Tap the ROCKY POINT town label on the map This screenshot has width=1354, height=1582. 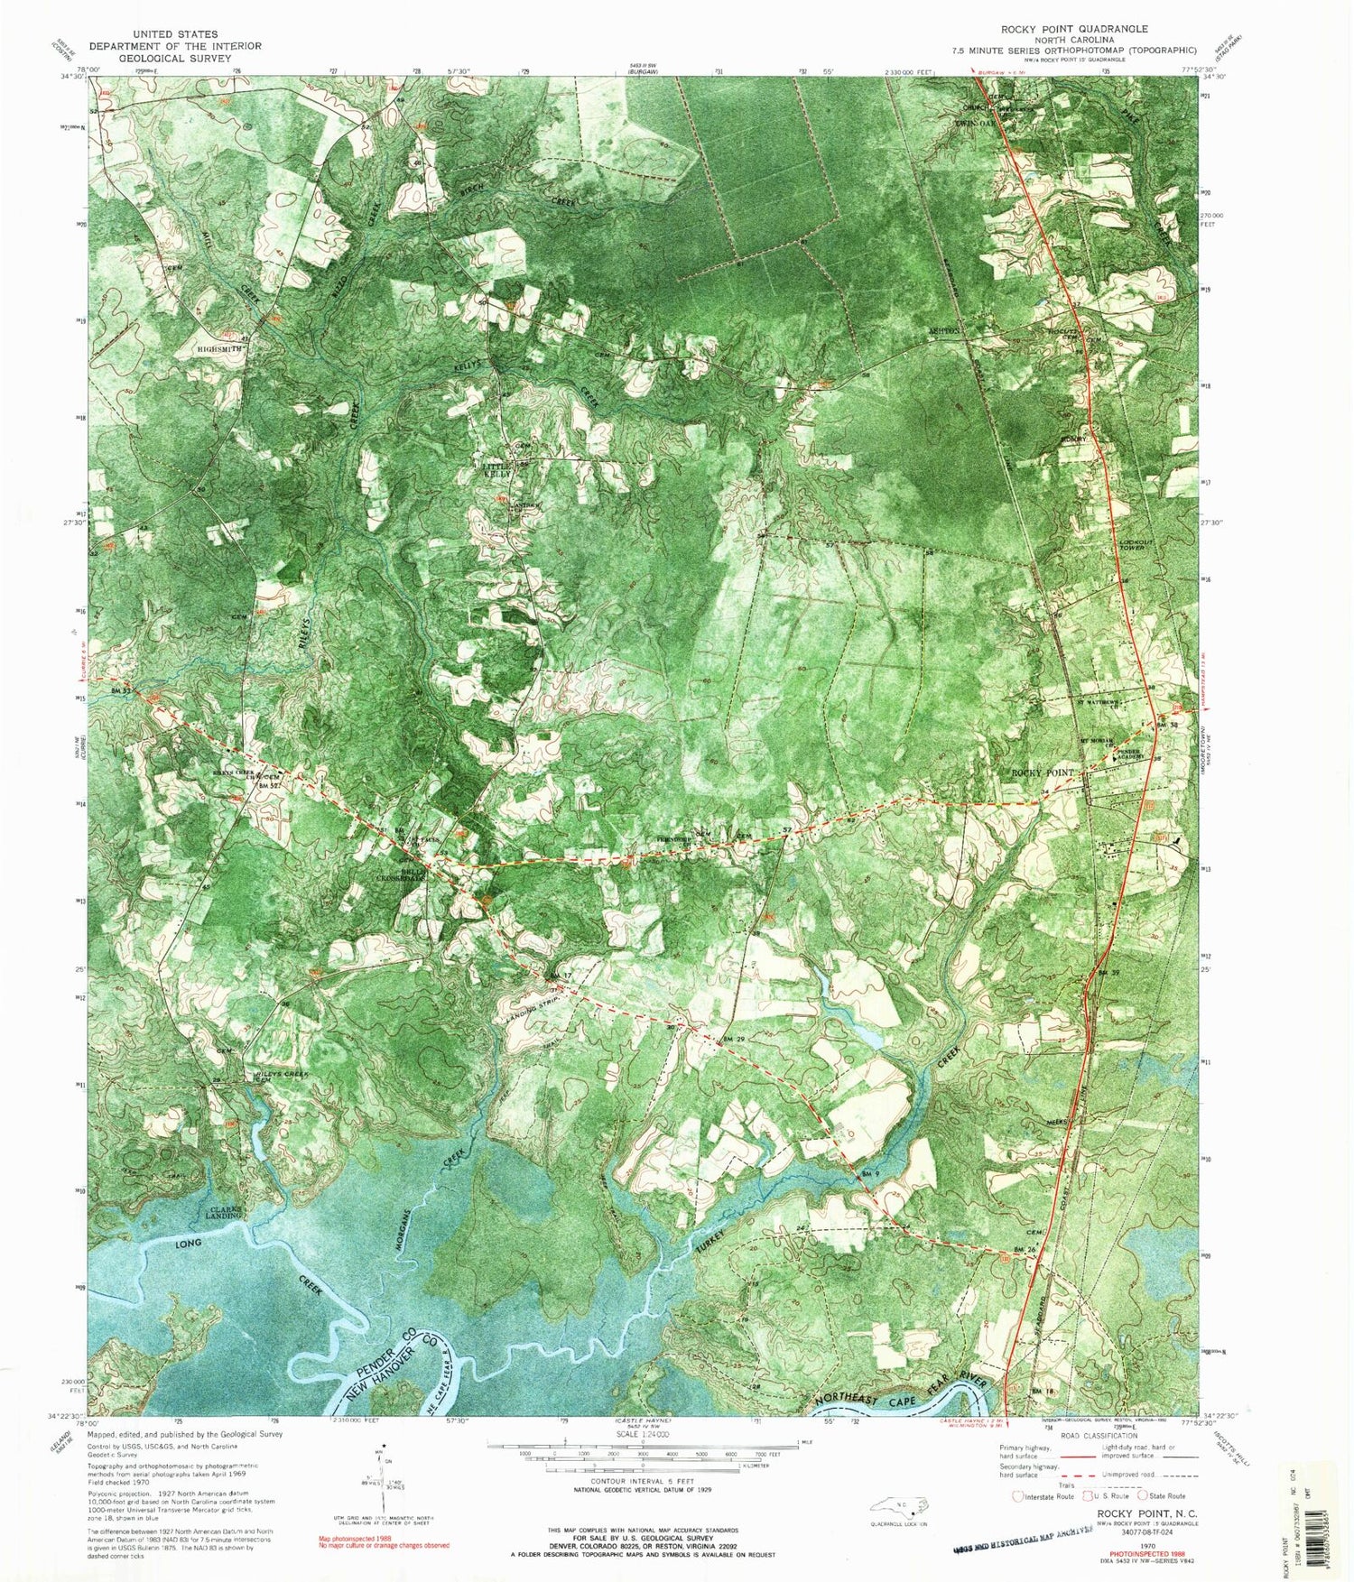[1043, 772]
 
